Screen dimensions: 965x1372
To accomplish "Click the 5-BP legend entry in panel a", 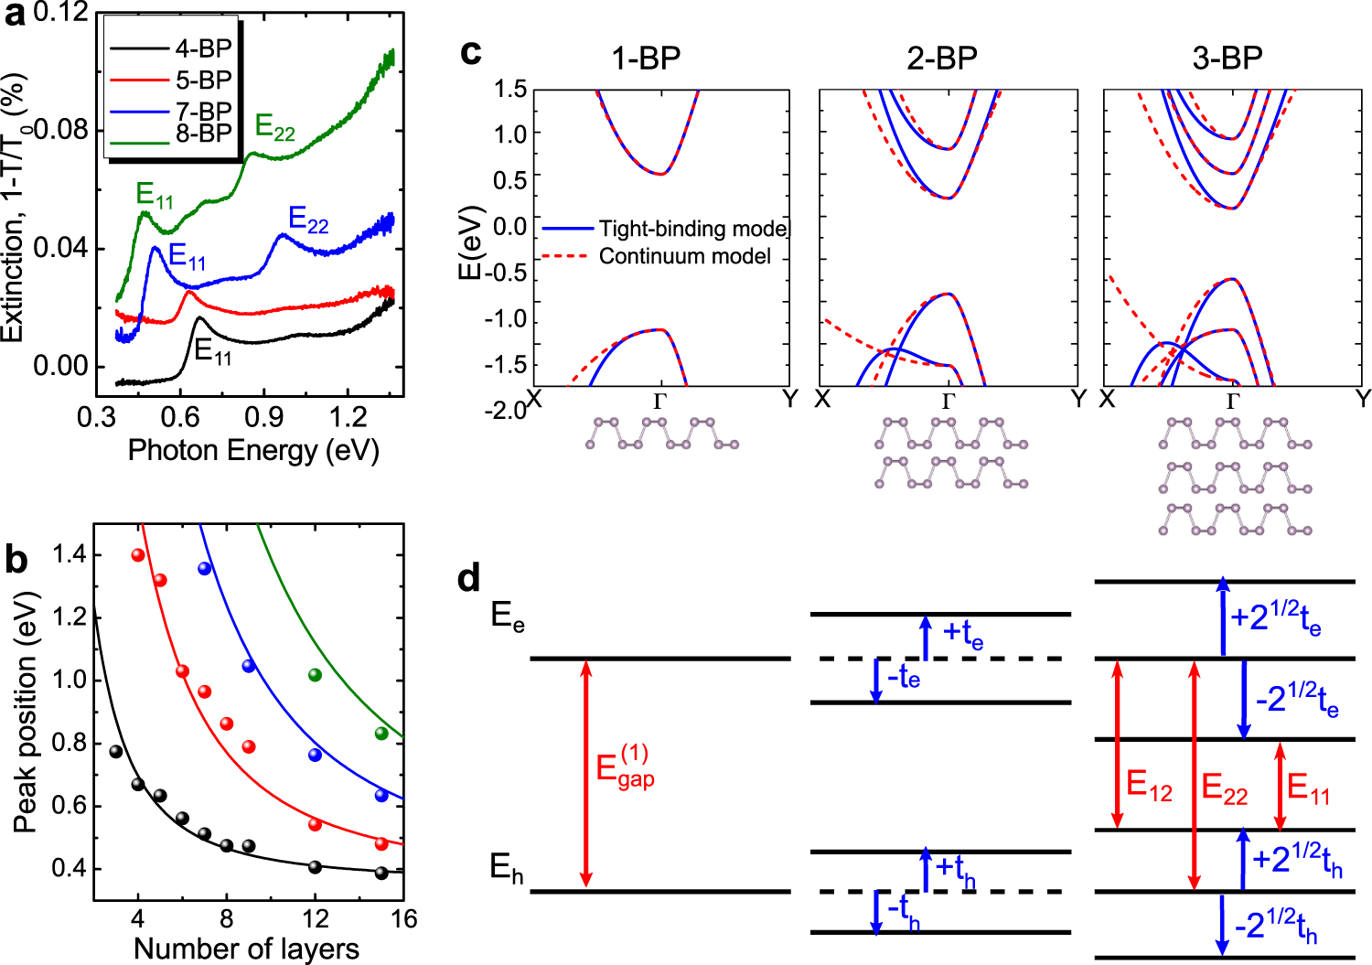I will point(203,80).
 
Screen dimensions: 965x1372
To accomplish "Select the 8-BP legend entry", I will point(203,134).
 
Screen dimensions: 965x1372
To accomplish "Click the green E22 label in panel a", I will point(274,126).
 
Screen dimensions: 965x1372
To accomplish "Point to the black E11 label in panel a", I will point(212,350).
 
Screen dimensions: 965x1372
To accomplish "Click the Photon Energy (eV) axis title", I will point(253,450).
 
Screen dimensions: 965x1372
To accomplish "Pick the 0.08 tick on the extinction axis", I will point(60,129).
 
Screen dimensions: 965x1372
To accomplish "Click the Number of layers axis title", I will point(246,949).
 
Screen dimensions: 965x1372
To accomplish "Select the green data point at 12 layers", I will point(316,675).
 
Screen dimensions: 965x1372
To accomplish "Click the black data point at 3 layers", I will point(116,752).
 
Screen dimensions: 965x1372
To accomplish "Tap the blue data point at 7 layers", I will point(205,569).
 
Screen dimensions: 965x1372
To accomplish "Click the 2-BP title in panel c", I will point(942,58).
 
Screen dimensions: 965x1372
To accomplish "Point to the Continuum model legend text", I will point(684,256).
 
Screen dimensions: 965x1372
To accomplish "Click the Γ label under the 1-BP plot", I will point(659,401).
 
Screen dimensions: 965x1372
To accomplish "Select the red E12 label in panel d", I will point(1149,785).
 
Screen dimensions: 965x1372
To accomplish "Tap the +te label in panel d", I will point(962,633).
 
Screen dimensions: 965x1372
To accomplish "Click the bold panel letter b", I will point(16,560).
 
